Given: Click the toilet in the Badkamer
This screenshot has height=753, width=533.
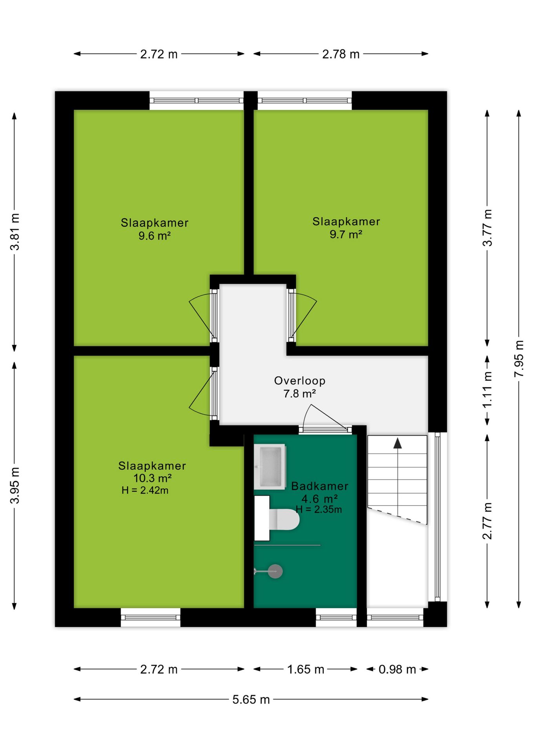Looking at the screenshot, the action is click(x=284, y=519).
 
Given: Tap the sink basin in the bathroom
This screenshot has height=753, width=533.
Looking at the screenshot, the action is click(x=270, y=466).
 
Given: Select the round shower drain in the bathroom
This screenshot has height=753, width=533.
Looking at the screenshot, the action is click(x=275, y=571).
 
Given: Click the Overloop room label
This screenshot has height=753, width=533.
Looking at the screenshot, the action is click(x=299, y=380).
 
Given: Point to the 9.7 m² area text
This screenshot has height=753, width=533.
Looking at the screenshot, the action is click(x=346, y=235).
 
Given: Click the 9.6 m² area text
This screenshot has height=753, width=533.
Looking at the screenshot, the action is click(x=154, y=236).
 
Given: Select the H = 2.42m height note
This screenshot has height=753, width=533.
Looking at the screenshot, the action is click(x=145, y=490).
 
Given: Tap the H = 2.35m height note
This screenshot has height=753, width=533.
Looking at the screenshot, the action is click(x=319, y=509).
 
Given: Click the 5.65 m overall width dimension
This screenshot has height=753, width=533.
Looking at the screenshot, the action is click(x=251, y=699).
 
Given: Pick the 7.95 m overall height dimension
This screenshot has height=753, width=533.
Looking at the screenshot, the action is click(x=519, y=359).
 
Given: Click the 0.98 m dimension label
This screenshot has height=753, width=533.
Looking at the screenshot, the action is click(x=397, y=669).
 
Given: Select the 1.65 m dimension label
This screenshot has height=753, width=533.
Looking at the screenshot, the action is click(x=305, y=669).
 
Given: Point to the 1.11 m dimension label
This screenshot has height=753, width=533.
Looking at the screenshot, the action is click(x=487, y=390).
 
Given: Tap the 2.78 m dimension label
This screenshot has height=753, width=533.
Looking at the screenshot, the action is click(x=341, y=54).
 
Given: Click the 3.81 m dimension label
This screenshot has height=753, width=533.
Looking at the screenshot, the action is click(x=15, y=232).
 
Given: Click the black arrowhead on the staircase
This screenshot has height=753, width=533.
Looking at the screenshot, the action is click(x=398, y=443).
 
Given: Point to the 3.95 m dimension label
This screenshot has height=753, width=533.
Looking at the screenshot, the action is click(x=15, y=485).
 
